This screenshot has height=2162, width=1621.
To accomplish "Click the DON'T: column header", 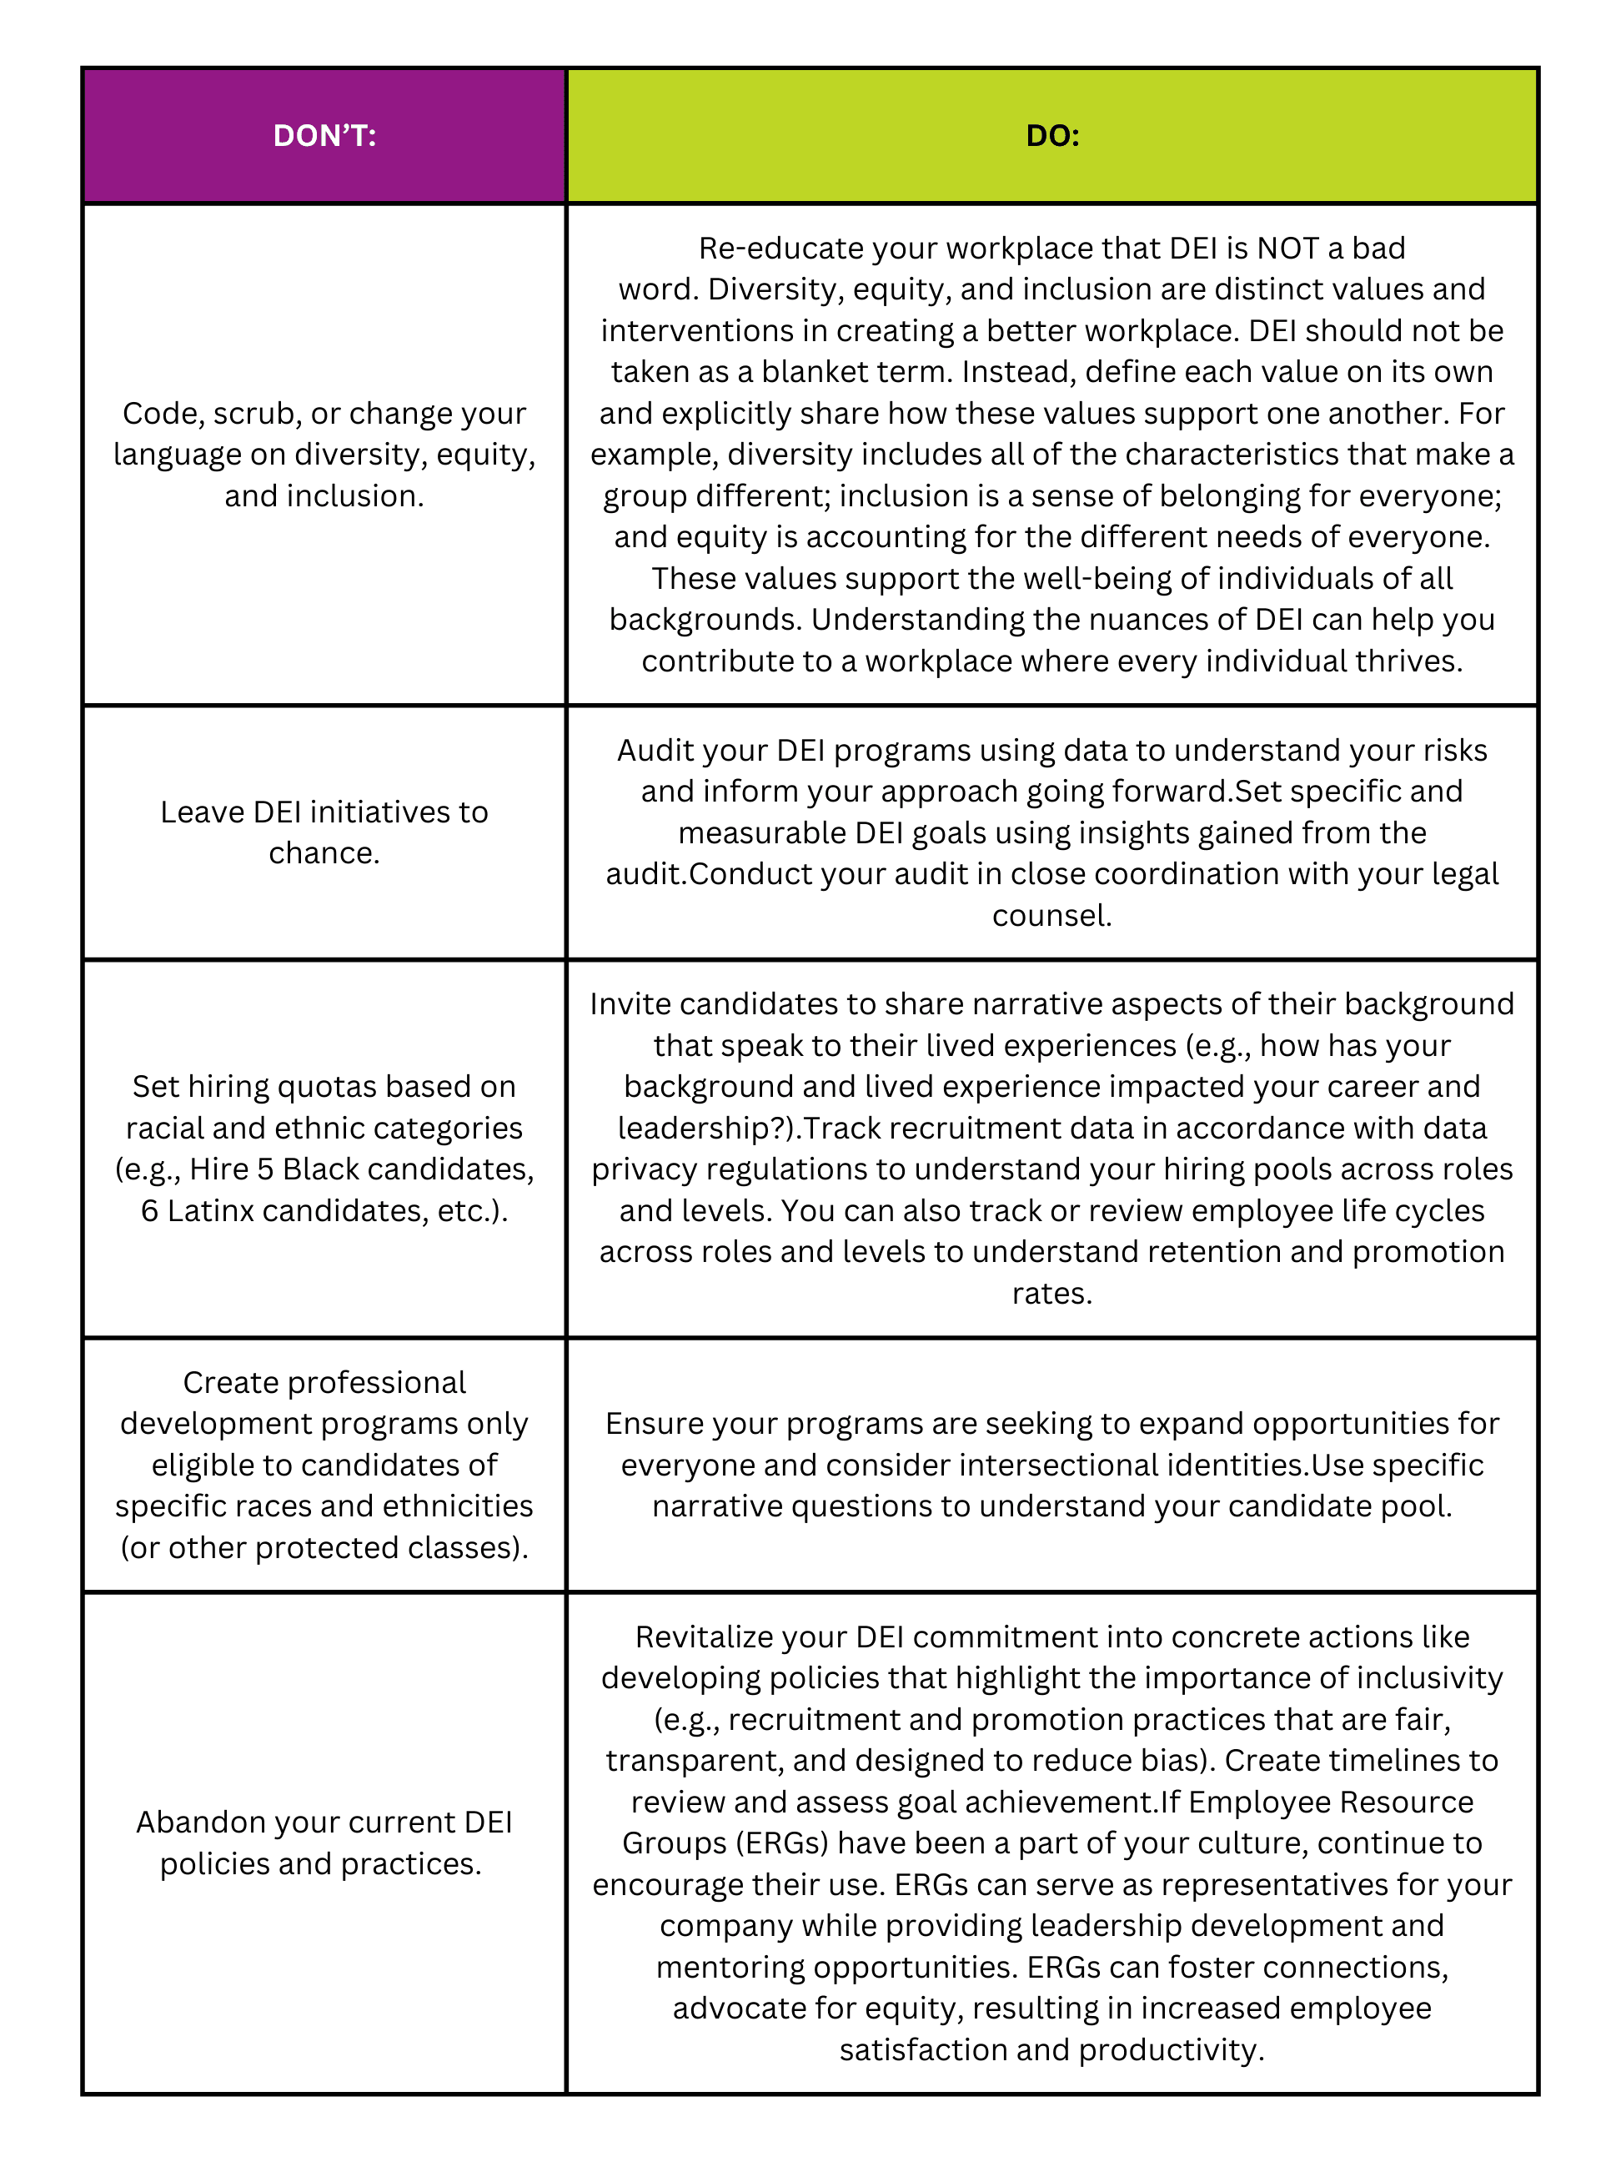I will (324, 136).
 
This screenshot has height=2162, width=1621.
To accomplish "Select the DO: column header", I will (1052, 136).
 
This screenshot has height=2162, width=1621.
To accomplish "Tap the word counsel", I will (1051, 916).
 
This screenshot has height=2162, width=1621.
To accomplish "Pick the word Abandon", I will (200, 1822).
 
